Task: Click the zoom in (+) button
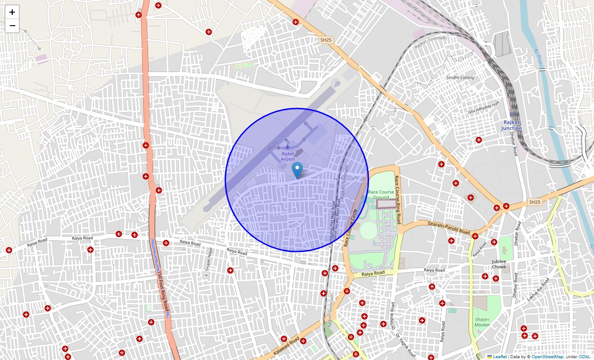tap(12, 12)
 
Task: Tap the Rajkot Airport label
tap(288, 156)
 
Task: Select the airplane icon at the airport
tap(288, 146)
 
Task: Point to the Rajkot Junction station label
tap(512, 125)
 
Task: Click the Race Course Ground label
tap(381, 194)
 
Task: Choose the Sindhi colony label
tap(460, 77)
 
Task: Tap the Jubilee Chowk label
tap(499, 264)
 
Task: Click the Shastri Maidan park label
tap(482, 322)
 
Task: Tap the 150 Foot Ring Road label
tap(163, 290)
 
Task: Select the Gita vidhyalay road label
tap(483, 108)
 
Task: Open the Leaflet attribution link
tap(499, 356)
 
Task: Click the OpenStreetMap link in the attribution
tap(547, 356)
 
